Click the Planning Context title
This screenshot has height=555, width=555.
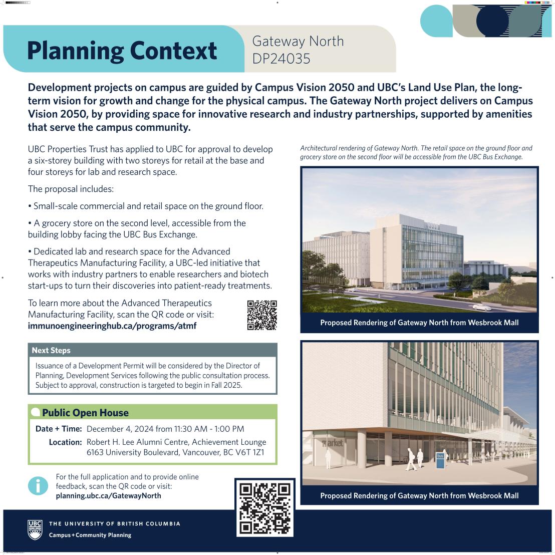[x=122, y=50]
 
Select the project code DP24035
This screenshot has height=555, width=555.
[x=281, y=59]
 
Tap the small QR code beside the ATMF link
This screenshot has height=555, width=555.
[x=262, y=315]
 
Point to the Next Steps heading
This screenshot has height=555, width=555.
[x=51, y=350]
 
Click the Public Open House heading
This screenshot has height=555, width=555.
[x=85, y=413]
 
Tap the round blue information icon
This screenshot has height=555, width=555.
[x=38, y=485]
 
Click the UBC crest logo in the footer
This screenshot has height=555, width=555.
[x=35, y=529]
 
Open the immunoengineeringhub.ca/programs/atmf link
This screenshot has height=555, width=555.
[x=112, y=326]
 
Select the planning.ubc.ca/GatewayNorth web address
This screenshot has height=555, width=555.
[x=108, y=495]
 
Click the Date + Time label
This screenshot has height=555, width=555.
[x=59, y=429]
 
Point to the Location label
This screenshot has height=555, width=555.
[x=65, y=442]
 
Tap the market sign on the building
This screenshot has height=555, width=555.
[x=332, y=443]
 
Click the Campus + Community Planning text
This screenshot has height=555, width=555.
[x=90, y=535]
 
